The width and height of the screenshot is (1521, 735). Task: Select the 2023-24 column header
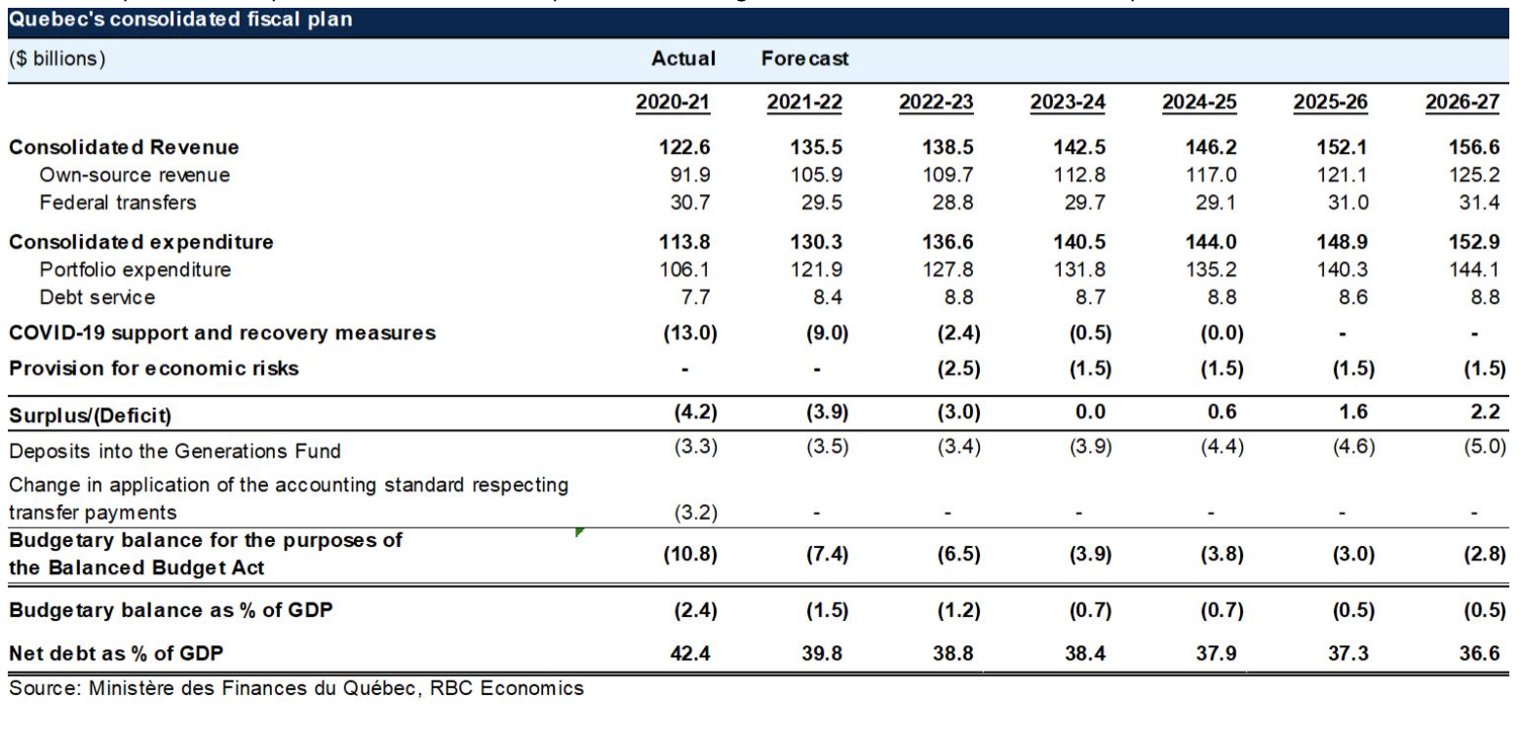pos(1067,102)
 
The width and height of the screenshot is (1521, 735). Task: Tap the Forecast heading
pos(804,58)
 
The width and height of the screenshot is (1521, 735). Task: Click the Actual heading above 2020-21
pos(683,58)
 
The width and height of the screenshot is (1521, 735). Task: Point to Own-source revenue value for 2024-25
pos(1197,175)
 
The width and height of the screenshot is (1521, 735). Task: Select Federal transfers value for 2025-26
pos(1329,203)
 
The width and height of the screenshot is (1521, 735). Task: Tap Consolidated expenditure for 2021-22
pos(805,242)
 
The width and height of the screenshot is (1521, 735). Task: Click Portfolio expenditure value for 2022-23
pos(936,270)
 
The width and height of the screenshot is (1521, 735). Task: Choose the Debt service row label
pos(97,297)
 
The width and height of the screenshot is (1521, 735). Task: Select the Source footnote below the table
pos(297,689)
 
